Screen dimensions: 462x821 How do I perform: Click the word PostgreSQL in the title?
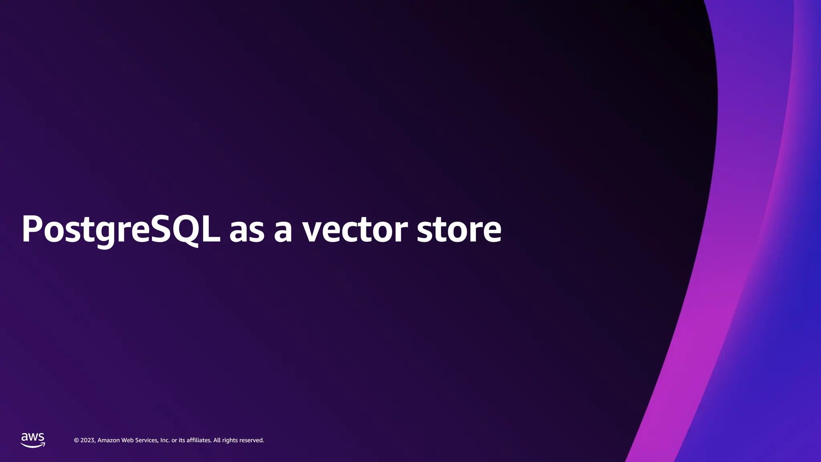[121, 229]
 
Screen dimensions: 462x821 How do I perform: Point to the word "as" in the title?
[247, 231]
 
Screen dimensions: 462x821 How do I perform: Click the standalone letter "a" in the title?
[283, 231]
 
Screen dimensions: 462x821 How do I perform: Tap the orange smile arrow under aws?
[33, 445]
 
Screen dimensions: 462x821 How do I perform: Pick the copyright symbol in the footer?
[76, 440]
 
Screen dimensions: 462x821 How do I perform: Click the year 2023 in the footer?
[88, 440]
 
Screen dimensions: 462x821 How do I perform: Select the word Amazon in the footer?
[108, 440]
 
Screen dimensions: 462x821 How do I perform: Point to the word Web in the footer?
[127, 440]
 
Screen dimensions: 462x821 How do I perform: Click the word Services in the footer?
[146, 440]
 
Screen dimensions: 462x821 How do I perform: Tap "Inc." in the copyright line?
[165, 440]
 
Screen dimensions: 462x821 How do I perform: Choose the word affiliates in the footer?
[199, 440]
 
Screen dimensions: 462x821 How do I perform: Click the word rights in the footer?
[230, 440]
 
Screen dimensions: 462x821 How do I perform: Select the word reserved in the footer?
[251, 440]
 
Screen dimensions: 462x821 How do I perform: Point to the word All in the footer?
[217, 440]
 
